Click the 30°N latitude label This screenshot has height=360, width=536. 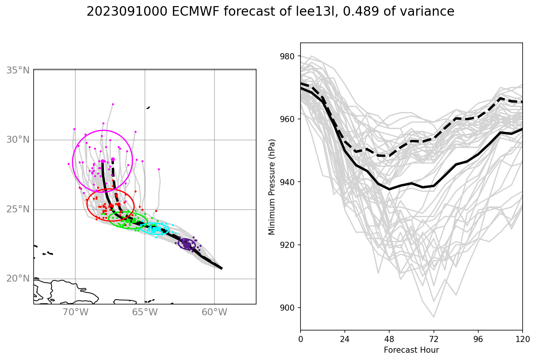coord(18,140)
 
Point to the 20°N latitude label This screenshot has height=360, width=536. coord(18,279)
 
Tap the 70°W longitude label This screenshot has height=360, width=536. coord(75,312)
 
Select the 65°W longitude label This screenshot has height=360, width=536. coord(145,312)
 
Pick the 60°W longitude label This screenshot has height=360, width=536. coord(214,312)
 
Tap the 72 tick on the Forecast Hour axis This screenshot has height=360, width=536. coord(434,339)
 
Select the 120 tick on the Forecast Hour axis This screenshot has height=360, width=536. coord(522,339)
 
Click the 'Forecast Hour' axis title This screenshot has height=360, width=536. coord(411,350)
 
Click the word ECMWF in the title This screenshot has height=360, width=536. coord(195,12)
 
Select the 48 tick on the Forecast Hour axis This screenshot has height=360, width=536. coord(389,339)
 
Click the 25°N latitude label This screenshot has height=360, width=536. coord(18,209)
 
